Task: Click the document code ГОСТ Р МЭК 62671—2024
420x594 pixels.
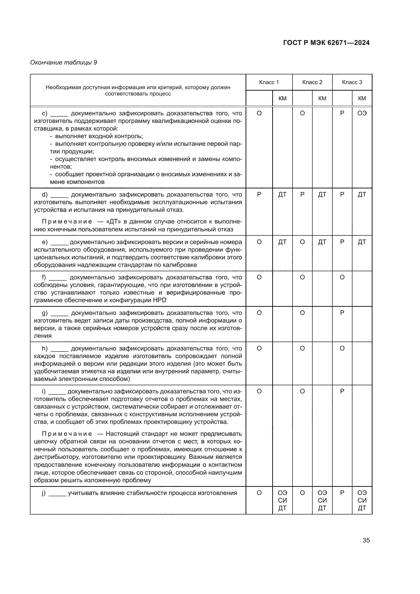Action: (x=326, y=43)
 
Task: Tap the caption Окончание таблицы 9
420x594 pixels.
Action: (x=64, y=62)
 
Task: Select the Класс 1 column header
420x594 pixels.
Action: (x=269, y=82)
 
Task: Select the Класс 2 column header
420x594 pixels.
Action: (x=312, y=82)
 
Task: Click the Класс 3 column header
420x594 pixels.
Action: (x=352, y=82)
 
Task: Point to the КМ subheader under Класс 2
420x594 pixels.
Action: (x=322, y=98)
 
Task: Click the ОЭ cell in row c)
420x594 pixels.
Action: (x=362, y=113)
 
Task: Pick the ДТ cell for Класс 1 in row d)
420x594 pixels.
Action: (x=282, y=195)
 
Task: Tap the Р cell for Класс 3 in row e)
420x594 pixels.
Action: (x=342, y=242)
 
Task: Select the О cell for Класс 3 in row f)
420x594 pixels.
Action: (x=342, y=277)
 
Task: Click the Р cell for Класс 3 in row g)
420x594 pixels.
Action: (x=342, y=313)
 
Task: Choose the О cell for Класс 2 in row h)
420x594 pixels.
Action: (x=302, y=348)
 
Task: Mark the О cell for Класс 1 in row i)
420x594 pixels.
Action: (x=259, y=391)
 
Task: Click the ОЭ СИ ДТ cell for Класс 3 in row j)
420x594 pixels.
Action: (x=362, y=500)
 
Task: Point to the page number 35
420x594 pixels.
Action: (x=366, y=540)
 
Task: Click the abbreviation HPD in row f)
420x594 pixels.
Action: (x=160, y=300)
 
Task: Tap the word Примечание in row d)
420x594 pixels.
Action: (x=67, y=222)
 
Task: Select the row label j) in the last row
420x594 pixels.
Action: (x=44, y=493)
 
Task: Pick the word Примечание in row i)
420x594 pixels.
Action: (x=67, y=434)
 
